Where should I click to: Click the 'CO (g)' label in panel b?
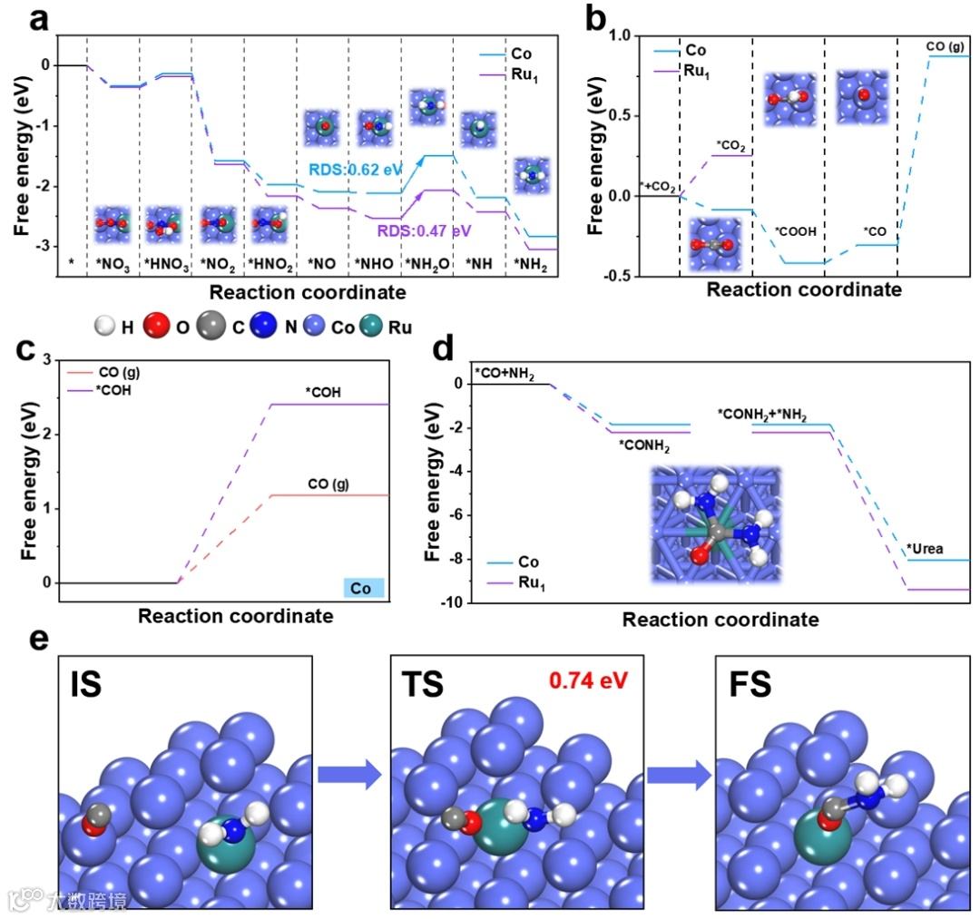click(x=945, y=44)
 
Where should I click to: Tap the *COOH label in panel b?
click(x=795, y=231)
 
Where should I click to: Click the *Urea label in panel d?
click(x=926, y=548)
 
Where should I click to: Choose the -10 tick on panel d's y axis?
click(x=450, y=602)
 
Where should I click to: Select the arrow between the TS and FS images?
click(x=679, y=775)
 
